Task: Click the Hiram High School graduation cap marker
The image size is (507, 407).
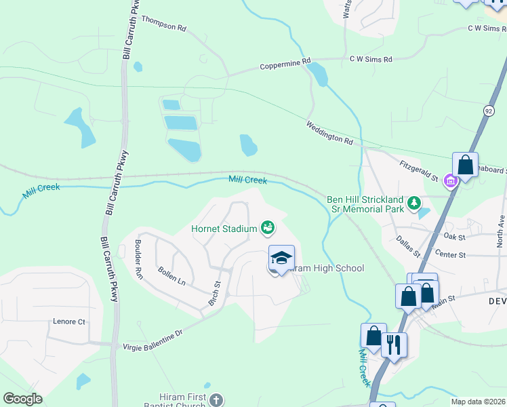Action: click(x=281, y=258)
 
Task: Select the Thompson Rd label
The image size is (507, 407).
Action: click(x=163, y=25)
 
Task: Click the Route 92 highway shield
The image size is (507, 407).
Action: click(x=489, y=111)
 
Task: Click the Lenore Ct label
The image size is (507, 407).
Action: click(x=70, y=322)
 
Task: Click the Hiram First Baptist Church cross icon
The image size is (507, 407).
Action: click(x=216, y=400)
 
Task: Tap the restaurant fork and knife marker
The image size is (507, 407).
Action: click(x=393, y=344)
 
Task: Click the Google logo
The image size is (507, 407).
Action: click(x=22, y=399)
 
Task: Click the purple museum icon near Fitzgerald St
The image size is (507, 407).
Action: click(x=449, y=181)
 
